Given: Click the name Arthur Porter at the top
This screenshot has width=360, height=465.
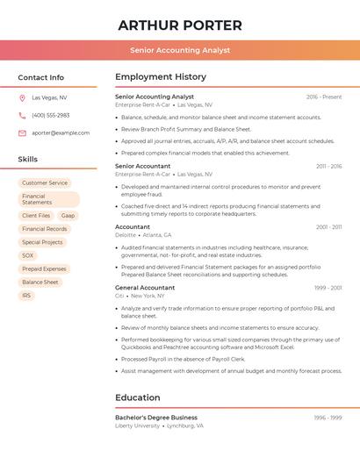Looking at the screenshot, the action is click(180, 25).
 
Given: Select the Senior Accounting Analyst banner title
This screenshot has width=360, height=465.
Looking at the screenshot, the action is click(180, 50).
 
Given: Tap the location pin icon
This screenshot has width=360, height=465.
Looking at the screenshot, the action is click(22, 97).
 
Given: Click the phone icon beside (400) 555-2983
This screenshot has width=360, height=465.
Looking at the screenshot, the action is click(22, 115).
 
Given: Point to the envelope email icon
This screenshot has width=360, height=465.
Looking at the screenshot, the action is click(22, 132).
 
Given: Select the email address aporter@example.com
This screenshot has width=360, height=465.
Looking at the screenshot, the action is click(61, 132).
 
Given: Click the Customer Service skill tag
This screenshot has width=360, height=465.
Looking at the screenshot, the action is click(44, 182).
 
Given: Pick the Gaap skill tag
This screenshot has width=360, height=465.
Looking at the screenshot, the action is click(68, 215).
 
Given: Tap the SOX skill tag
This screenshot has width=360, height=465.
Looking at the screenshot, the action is click(28, 255).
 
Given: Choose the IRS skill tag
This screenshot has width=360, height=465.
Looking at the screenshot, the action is click(26, 296).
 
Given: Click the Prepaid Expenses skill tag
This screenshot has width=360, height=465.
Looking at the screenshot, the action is click(44, 268).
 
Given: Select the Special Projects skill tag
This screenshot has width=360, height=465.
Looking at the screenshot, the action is click(42, 242).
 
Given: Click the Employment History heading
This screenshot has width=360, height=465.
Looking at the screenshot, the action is click(161, 77).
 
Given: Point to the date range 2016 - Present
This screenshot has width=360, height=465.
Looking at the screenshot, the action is click(324, 97).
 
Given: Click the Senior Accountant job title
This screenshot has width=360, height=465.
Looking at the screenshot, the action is click(143, 166).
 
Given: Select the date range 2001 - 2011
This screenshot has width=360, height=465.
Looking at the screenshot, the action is click(329, 227).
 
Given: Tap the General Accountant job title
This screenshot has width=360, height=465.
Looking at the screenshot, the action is click(145, 288).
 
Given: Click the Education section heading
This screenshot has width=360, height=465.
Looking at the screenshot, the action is click(138, 397).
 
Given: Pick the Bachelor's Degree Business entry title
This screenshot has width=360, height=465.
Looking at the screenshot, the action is click(156, 418).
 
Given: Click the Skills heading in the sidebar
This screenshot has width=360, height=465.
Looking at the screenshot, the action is click(28, 160).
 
